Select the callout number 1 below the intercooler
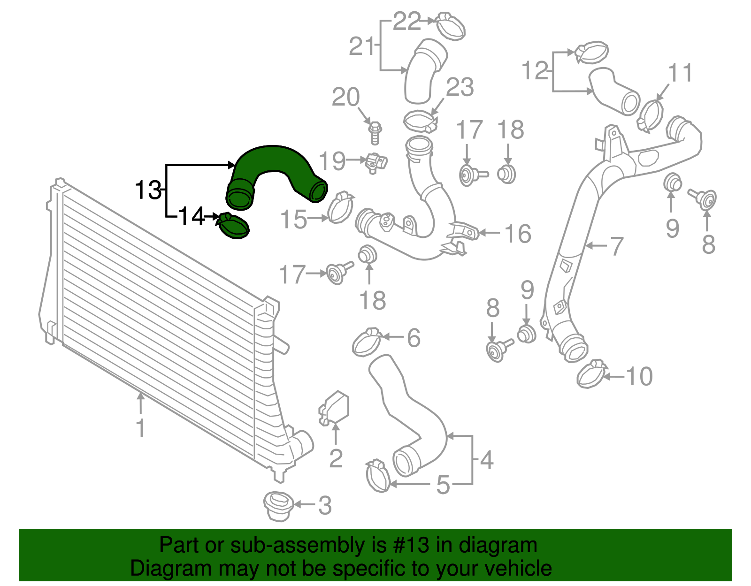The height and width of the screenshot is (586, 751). click(140, 428)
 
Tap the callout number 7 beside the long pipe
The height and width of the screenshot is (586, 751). click(617, 246)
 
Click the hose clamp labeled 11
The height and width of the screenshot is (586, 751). click(651, 115)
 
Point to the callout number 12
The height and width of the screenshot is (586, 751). click(535, 71)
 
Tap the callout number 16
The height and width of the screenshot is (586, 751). click(518, 234)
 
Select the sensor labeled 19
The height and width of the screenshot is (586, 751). click(376, 162)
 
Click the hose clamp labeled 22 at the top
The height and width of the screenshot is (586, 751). click(450, 25)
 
